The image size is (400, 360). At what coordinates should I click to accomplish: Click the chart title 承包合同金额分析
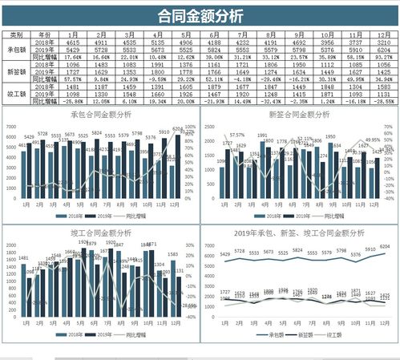coord(100,115)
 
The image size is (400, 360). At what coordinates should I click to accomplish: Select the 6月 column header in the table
coord(214,35)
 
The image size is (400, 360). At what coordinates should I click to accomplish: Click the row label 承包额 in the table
coord(16,50)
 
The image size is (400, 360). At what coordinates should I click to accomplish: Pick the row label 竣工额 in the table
coord(16,95)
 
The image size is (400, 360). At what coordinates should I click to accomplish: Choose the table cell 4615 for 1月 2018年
coord(72,43)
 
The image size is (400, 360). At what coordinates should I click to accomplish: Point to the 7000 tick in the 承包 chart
coord(9,127)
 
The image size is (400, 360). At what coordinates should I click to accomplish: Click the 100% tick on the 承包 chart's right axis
coord(190,127)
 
